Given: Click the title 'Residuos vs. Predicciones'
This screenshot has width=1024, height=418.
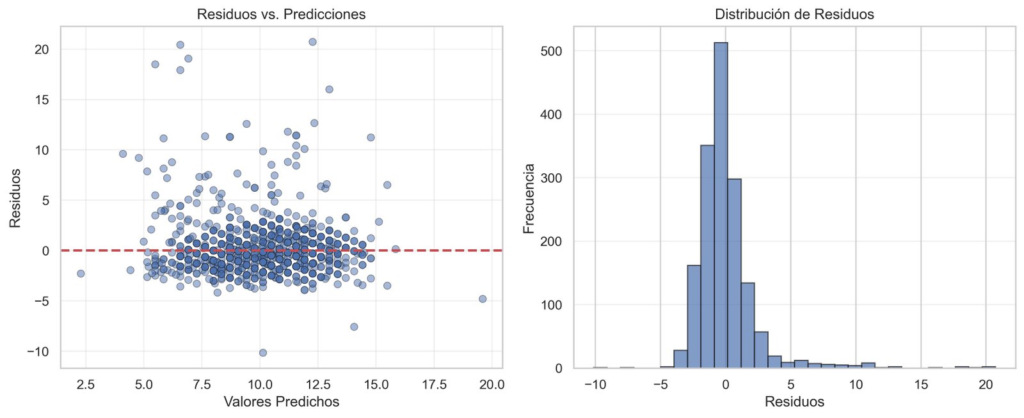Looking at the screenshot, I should [281, 14].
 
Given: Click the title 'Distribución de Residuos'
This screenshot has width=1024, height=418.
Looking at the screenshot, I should [794, 14].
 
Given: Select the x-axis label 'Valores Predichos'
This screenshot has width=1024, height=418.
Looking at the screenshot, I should [281, 402].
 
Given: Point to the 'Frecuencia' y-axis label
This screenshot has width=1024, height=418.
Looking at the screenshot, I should [529, 199].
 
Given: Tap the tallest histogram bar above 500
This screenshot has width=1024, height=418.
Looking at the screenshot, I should [721, 205].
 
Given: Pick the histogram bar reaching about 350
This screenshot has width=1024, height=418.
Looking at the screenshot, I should [707, 256].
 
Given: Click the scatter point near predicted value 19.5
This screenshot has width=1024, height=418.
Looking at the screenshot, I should [483, 299].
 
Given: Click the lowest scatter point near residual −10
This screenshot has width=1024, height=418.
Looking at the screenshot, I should [262, 353].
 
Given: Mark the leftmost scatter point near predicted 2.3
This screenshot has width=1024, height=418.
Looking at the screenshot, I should [81, 274].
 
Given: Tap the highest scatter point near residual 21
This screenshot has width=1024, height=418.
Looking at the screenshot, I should [312, 42].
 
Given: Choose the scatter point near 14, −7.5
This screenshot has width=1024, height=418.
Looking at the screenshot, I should [354, 327].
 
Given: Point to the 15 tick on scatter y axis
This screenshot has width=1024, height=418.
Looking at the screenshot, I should [41, 100].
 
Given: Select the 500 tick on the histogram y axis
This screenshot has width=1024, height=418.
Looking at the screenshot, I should [550, 51].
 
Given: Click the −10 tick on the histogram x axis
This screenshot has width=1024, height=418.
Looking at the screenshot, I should [595, 385].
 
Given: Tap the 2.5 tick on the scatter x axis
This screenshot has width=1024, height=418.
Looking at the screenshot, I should [85, 385].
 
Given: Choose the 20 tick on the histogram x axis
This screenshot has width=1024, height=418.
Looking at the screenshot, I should [986, 385].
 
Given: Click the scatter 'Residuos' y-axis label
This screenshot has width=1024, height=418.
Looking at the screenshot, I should [15, 198].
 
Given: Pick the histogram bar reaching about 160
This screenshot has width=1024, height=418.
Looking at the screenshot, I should [694, 316].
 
